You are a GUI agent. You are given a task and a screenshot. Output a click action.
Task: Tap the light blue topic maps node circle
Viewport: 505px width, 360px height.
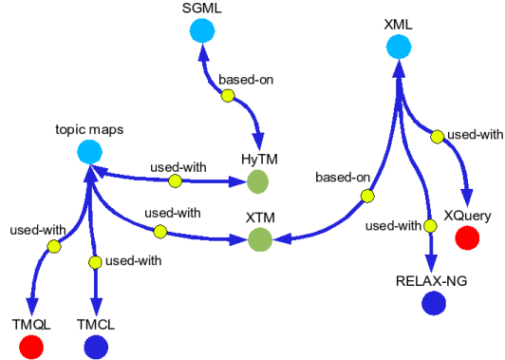89,150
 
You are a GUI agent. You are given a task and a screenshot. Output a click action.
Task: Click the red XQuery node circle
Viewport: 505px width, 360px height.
466,238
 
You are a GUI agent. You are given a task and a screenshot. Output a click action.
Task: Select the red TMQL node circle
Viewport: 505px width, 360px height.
30,347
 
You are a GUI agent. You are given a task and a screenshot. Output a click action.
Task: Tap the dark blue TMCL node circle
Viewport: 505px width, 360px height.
95,347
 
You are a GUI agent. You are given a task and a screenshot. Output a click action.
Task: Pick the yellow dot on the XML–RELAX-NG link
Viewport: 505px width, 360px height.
428,224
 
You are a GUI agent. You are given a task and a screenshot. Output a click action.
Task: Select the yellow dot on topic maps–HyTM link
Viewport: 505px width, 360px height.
175,179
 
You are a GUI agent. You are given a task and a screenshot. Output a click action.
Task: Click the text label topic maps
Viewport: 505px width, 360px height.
89,127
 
